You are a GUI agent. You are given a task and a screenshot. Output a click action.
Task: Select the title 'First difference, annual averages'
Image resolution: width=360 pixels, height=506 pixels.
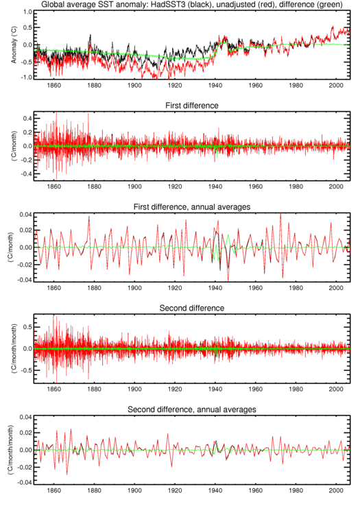[192, 207]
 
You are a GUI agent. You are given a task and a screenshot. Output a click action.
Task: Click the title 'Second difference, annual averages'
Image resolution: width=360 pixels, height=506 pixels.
[192, 409]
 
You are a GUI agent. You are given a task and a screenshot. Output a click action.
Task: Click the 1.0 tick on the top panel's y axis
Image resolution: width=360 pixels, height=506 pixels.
[27, 12]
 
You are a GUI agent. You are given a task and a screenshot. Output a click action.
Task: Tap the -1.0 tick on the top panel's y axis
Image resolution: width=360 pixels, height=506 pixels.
[27, 77]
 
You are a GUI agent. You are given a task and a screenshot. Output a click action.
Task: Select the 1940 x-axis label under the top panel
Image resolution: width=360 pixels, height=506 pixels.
[215, 85]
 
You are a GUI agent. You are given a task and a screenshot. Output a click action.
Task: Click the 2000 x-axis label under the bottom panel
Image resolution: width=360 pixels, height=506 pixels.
[336, 490]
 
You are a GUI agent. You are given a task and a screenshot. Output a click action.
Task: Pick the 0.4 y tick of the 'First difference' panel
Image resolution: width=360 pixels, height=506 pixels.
[27, 119]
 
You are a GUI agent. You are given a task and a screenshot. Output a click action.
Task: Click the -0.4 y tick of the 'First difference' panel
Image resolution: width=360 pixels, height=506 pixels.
[27, 174]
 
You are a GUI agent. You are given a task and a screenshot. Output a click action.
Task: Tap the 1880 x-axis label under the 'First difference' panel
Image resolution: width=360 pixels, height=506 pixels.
[94, 186]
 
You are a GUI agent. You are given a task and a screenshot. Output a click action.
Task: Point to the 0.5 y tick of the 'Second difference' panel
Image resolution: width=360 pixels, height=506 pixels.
[27, 327]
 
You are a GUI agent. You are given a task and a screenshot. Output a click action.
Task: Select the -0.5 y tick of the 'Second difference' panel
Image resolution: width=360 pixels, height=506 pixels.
[27, 370]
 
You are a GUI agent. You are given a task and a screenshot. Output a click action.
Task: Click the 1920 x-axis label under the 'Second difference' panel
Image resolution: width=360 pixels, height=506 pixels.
[175, 389]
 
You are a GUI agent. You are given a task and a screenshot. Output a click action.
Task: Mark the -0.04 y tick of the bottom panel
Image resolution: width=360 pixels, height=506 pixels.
[25, 483]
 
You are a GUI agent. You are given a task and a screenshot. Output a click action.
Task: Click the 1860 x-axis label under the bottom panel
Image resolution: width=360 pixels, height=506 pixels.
[54, 490]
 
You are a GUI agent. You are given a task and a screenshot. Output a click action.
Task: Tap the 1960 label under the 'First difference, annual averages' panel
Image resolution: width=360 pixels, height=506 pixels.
[256, 288]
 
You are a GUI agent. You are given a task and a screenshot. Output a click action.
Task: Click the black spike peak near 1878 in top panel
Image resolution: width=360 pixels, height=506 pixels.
[91, 35]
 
